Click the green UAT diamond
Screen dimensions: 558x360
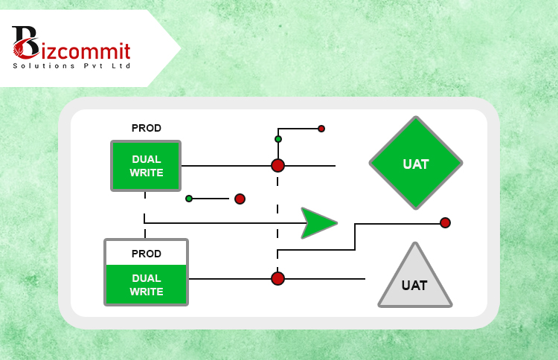pyautogui.click(x=416, y=163)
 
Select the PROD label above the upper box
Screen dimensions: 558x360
pyautogui.click(x=147, y=128)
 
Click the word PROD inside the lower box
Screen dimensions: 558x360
pyautogui.click(x=147, y=254)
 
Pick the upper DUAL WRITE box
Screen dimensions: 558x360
pyautogui.click(x=146, y=166)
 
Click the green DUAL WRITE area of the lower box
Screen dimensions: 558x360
pyautogui.click(x=147, y=285)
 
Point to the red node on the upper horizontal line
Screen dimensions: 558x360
pyautogui.click(x=278, y=165)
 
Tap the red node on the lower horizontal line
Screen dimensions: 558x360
pyautogui.click(x=278, y=278)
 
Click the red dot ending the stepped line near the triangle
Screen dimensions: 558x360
pyautogui.click(x=445, y=222)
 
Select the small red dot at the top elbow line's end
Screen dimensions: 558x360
pyautogui.click(x=321, y=129)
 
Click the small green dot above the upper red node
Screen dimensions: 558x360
pyautogui.click(x=278, y=139)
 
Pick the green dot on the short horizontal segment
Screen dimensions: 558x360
pyautogui.click(x=189, y=199)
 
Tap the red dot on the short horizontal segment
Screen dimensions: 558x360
pyautogui.click(x=240, y=199)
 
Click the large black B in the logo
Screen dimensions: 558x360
pyautogui.click(x=25, y=42)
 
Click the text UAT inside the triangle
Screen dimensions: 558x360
pyautogui.click(x=414, y=286)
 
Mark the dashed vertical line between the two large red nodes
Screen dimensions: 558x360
pyautogui.click(x=278, y=222)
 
